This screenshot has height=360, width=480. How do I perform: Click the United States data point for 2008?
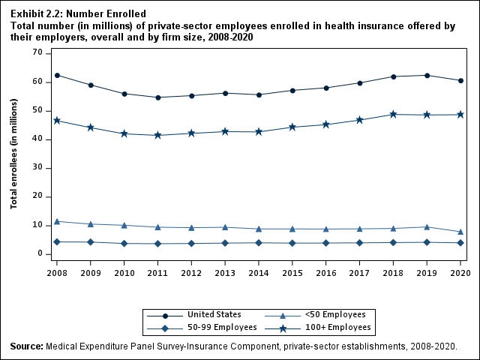tap(57, 75)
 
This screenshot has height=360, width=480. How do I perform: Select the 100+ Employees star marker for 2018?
tap(393, 114)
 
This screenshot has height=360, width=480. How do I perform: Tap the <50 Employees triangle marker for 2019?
tap(427, 226)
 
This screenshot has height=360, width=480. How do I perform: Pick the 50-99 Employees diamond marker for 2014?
tap(259, 242)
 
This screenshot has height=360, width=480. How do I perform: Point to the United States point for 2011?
tap(158, 97)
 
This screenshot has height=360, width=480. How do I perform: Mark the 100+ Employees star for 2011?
tap(158, 135)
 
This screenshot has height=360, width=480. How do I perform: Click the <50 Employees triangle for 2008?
tap(57, 221)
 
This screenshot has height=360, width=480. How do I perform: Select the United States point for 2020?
tap(460, 80)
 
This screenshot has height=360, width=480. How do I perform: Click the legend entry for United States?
tap(214, 314)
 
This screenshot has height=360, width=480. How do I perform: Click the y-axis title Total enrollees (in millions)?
tap(14, 153)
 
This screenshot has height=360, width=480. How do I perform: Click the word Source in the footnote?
tap(26, 346)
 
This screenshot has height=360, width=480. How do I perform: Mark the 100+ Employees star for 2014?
tap(259, 131)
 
